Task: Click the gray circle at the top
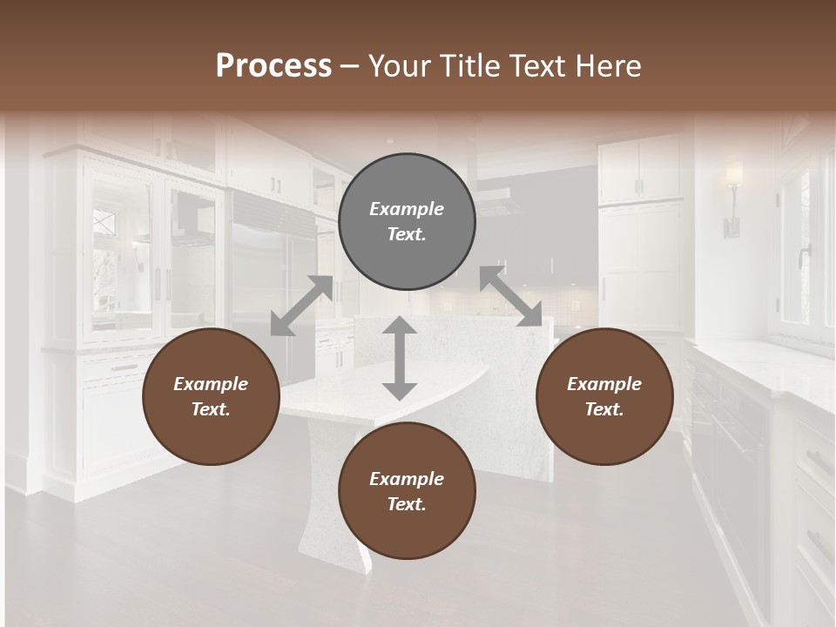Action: click(407, 222)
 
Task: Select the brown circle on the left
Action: click(211, 396)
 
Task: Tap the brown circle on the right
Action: click(604, 396)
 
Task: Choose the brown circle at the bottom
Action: click(407, 491)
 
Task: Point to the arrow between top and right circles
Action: click(511, 297)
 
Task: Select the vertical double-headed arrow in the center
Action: click(400, 358)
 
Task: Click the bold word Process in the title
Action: click(273, 65)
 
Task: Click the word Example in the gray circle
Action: click(407, 209)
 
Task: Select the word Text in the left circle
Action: click(211, 409)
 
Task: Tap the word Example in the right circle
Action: click(604, 384)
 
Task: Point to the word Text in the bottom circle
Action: click(407, 504)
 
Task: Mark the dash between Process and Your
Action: click(349, 66)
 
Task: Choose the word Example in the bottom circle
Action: click(407, 479)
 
